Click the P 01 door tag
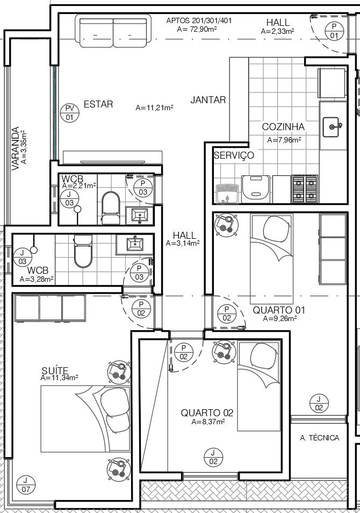(x=334, y=31)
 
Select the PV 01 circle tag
(x=70, y=112)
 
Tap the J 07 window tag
(x=26, y=485)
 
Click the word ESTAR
(x=98, y=104)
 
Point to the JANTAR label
(x=208, y=100)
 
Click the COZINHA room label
(x=283, y=126)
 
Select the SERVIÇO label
(x=234, y=155)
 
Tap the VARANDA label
(x=15, y=148)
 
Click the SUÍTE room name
(x=55, y=370)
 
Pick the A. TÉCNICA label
(x=320, y=438)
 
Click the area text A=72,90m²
(x=198, y=29)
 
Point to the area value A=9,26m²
(x=280, y=318)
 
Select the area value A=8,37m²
(x=208, y=422)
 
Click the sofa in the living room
(x=113, y=32)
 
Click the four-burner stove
(x=305, y=189)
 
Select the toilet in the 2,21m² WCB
(x=111, y=208)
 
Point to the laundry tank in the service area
(x=228, y=194)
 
